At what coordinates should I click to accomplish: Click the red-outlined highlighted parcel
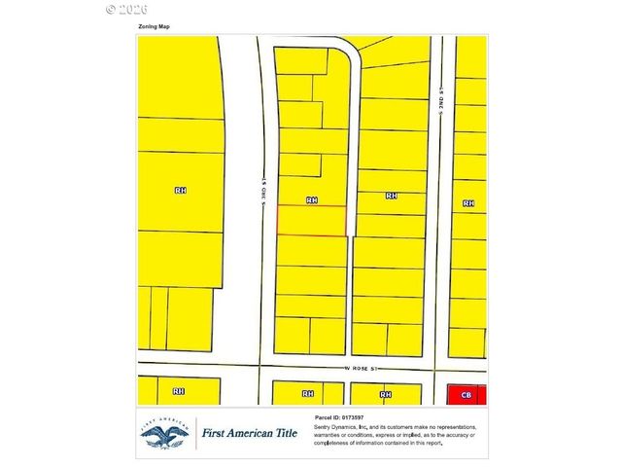(x=312, y=221)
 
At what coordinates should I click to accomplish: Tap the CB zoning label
(x=466, y=394)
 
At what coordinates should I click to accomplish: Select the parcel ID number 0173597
(x=350, y=416)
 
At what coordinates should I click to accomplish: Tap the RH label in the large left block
(x=180, y=191)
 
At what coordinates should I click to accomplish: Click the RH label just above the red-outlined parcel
(x=311, y=199)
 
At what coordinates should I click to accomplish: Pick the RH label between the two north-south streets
(x=391, y=196)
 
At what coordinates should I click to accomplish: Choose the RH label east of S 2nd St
(x=468, y=203)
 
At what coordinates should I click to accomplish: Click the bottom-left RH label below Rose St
(x=179, y=391)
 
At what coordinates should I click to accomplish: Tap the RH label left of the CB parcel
(x=385, y=394)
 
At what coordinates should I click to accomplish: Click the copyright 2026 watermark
(x=123, y=8)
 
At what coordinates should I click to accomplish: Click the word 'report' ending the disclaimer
(x=431, y=443)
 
